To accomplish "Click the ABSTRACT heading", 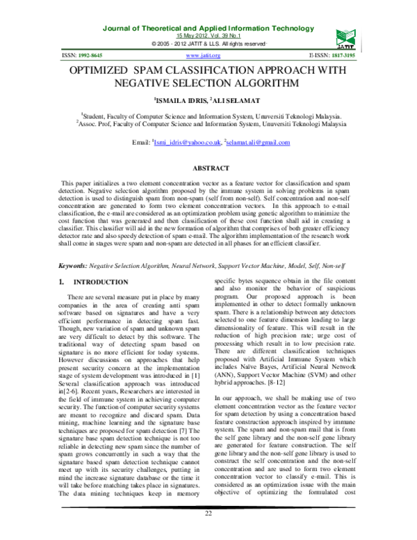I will [x=209, y=168].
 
